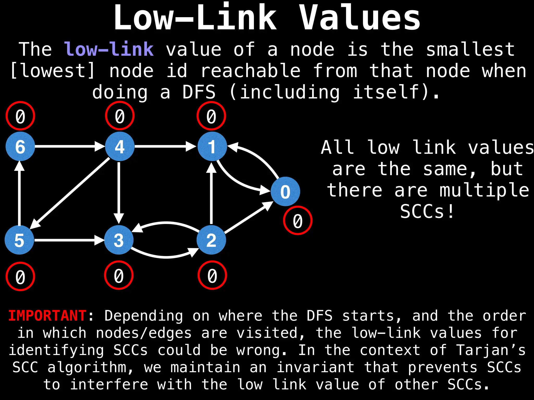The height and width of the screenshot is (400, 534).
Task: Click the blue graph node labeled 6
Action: click(x=20, y=146)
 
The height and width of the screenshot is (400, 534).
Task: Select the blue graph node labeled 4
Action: click(x=120, y=146)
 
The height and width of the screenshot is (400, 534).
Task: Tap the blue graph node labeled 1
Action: click(x=212, y=146)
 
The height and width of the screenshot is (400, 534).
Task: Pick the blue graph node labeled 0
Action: click(x=285, y=191)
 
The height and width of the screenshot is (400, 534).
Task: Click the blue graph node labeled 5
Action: click(x=20, y=240)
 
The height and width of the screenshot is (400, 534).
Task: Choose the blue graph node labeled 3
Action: click(x=119, y=240)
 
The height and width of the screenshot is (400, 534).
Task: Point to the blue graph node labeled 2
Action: click(x=211, y=240)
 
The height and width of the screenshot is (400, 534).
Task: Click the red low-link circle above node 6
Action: click(x=20, y=116)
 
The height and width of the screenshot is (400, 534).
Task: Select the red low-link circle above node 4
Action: click(x=120, y=116)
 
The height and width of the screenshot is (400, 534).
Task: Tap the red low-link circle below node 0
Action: click(x=298, y=221)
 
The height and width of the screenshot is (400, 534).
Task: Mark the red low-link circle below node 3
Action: click(x=119, y=275)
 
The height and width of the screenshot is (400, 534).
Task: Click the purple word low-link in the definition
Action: click(x=109, y=49)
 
